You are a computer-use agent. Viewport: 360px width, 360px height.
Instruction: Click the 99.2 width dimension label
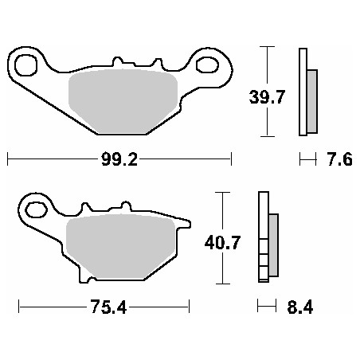[x=120, y=159]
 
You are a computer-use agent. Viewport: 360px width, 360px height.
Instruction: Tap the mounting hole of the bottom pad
[x=37, y=209]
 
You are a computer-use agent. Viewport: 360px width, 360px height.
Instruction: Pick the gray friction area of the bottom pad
[x=119, y=247]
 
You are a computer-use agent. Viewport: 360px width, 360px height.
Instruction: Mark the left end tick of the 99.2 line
[x=7, y=159]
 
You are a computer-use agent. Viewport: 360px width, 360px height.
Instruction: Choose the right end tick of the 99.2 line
[x=231, y=159]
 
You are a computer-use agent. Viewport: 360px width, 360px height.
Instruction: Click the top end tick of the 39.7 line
[x=269, y=47]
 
